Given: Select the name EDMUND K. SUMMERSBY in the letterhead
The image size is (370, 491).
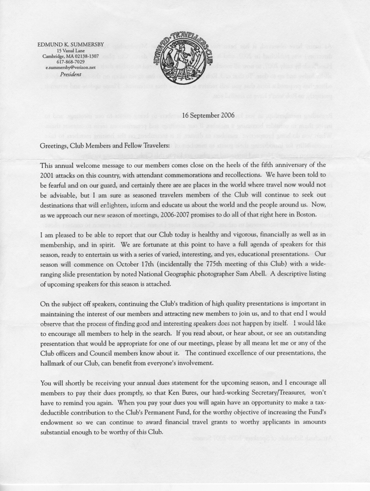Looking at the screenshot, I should (68, 44).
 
